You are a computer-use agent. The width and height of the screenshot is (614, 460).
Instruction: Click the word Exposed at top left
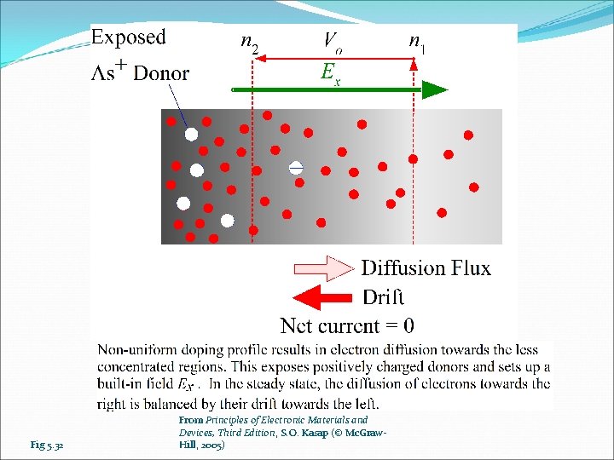[x=129, y=37]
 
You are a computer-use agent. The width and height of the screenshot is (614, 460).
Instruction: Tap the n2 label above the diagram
[x=250, y=42]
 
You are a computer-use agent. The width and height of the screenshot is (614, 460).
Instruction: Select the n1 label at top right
[x=418, y=40]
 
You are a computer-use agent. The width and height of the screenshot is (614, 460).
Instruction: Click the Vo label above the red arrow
[x=333, y=41]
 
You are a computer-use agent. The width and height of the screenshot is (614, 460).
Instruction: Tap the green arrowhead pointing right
[x=435, y=89]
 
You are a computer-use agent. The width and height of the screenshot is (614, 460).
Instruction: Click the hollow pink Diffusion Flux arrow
[x=323, y=269]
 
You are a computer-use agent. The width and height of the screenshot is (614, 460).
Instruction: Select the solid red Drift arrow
[x=323, y=297]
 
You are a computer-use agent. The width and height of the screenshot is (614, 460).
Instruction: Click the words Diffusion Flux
[x=426, y=268]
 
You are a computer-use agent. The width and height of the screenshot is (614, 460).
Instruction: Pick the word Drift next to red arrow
[x=383, y=297]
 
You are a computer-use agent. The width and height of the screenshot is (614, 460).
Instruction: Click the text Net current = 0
[x=347, y=325]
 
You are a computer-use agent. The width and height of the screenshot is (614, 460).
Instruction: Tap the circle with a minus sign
[x=296, y=167]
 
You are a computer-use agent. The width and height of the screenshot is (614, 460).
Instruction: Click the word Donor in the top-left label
[x=161, y=73]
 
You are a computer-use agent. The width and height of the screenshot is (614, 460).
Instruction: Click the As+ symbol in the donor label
[x=110, y=72]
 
